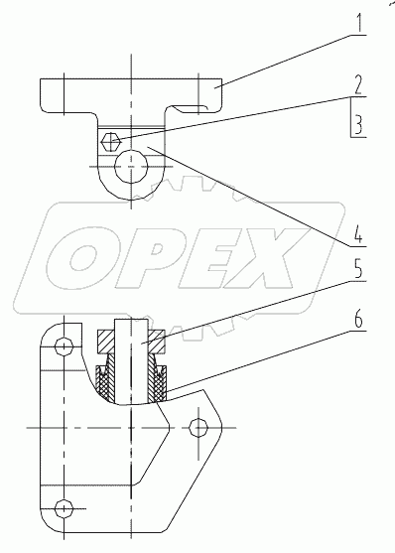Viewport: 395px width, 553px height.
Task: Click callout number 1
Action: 359,22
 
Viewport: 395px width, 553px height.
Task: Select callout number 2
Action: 358,84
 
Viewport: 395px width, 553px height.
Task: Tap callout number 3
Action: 358,124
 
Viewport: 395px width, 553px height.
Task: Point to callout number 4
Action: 358,233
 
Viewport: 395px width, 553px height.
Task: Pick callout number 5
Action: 358,269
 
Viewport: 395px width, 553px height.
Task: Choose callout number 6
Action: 358,319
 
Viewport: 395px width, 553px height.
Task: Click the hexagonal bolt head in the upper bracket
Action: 111,142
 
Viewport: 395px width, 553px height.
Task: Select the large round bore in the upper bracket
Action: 131,166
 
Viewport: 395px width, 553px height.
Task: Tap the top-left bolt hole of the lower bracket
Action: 65,347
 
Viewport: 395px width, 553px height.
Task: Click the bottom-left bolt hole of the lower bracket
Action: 65,509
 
